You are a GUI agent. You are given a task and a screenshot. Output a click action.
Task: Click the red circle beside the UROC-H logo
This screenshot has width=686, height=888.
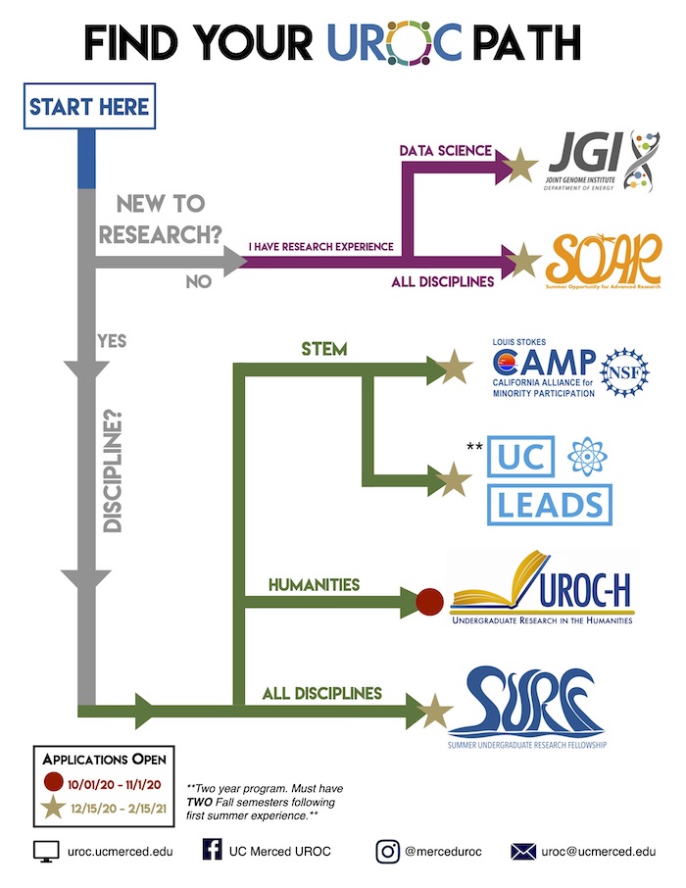coord(431,602)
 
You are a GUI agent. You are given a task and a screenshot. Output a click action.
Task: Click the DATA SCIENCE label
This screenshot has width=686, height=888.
coord(445,151)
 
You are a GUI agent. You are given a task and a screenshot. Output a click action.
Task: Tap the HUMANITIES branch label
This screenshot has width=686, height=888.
coord(314,585)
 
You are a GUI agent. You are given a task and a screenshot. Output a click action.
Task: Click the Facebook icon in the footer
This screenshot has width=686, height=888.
coord(211,851)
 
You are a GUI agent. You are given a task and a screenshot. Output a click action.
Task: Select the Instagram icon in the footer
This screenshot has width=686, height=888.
coord(388,851)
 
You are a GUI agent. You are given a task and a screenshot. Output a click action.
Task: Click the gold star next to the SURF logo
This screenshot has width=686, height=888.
coord(434,712)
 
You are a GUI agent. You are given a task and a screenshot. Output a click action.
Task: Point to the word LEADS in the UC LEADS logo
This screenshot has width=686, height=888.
coord(550,505)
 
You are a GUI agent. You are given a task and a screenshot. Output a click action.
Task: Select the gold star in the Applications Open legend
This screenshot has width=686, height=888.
coord(53,810)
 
